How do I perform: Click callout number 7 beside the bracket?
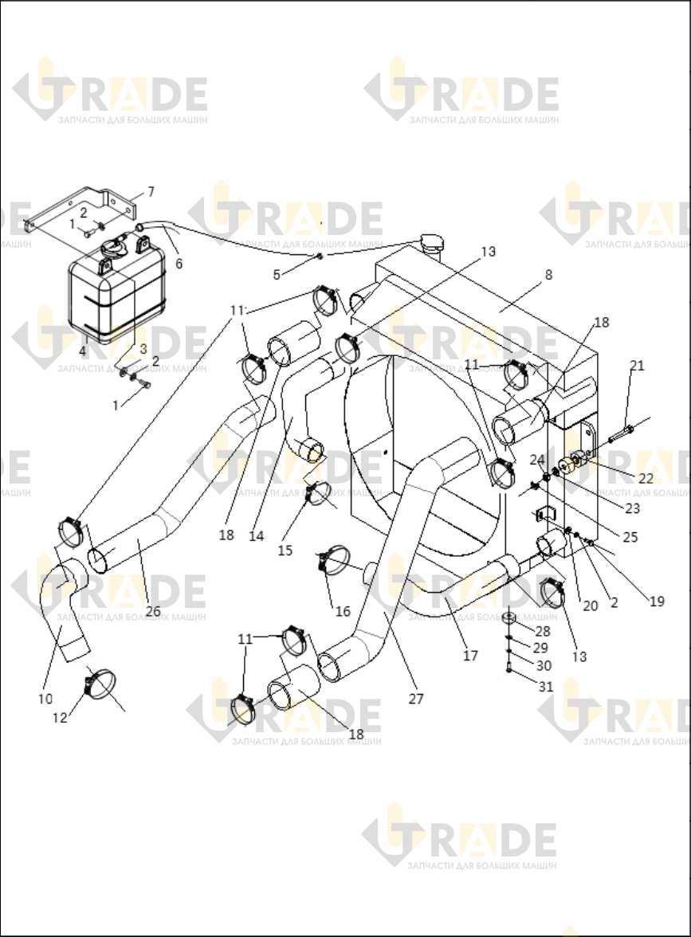pyautogui.click(x=151, y=192)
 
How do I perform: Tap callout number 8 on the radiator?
pyautogui.click(x=548, y=275)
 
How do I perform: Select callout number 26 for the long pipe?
pyautogui.click(x=153, y=610)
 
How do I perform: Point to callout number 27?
pyautogui.click(x=416, y=698)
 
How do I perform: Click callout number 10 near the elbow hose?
pyautogui.click(x=45, y=699)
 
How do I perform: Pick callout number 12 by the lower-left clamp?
pyautogui.click(x=60, y=718)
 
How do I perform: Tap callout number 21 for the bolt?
pyautogui.click(x=638, y=365)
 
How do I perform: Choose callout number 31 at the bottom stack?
pyautogui.click(x=546, y=687)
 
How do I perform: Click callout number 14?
pyautogui.click(x=257, y=536)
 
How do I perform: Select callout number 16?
pyautogui.click(x=343, y=611)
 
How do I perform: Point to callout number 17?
pyautogui.click(x=470, y=656)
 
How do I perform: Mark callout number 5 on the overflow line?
pyautogui.click(x=277, y=275)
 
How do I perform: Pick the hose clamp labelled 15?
pyautogui.click(x=317, y=491)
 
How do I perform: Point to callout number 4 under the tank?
pyautogui.click(x=83, y=352)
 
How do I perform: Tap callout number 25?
pyautogui.click(x=630, y=537)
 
